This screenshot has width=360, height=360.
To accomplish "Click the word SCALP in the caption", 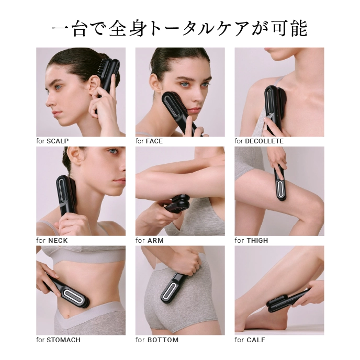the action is coord(58,141).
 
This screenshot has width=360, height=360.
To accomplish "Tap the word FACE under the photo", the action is coord(154,141).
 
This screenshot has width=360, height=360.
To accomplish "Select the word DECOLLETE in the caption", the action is coord(264,141).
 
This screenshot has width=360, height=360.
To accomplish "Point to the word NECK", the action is coord(58,240).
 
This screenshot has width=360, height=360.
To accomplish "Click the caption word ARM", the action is coord(155,240).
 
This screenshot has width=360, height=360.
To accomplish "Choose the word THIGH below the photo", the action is coord(257,240).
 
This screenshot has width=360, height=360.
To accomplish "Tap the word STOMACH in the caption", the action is coord(64,340).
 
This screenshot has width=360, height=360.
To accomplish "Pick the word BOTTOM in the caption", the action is coord(163,340).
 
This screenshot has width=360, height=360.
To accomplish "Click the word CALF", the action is coord(256,340).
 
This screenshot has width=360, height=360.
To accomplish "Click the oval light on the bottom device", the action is coord(170,291).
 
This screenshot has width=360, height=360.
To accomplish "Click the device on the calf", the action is coord(287,299).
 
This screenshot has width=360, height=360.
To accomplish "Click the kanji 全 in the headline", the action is coord(118,29).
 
